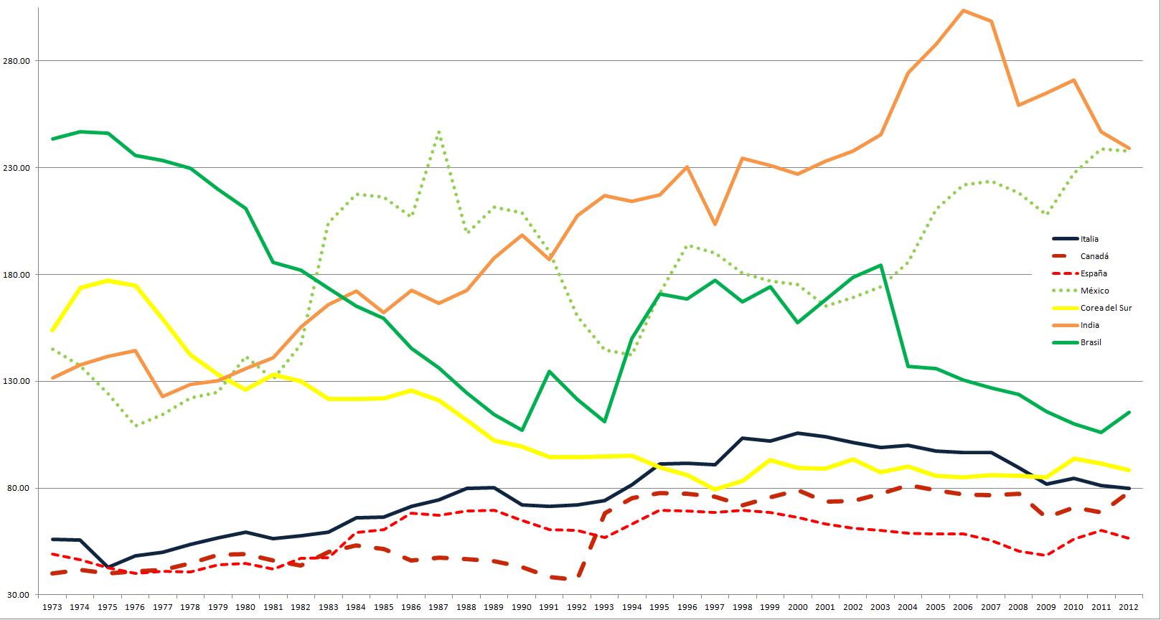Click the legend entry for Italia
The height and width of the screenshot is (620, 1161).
1089,239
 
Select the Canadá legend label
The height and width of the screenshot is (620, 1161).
1094,256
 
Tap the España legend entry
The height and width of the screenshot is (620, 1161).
1094,273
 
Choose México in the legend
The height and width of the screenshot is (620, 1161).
1094,291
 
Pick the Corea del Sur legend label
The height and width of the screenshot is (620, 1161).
1106,308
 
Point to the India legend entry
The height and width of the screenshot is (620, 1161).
1089,325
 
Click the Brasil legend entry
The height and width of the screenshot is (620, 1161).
1091,342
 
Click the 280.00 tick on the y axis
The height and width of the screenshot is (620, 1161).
17,61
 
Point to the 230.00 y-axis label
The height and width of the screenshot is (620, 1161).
17,168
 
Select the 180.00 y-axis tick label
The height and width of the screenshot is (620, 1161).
17,275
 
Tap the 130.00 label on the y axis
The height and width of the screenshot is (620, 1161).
17,381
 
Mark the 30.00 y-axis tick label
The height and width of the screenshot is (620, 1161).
19,595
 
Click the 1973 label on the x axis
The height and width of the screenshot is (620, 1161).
52,607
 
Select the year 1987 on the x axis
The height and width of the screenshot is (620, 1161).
438,607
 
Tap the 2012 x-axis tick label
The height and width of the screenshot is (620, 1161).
1129,607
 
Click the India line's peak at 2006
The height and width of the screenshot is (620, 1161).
963,11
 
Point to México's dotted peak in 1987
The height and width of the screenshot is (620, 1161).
438,132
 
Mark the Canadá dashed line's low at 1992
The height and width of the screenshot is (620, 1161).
577,578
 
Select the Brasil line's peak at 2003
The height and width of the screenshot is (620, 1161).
880,266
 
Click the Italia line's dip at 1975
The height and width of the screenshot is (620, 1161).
108,567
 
